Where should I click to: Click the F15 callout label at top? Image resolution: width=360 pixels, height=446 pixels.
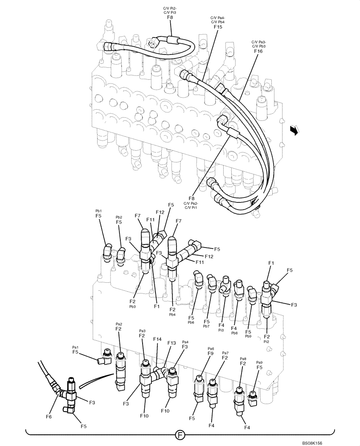(217, 27)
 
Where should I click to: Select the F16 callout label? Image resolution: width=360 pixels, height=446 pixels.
(258, 51)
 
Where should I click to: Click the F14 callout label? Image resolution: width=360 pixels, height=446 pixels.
(157, 339)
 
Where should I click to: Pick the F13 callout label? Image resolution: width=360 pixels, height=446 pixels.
(172, 343)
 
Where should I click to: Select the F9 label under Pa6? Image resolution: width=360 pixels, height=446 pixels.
(211, 354)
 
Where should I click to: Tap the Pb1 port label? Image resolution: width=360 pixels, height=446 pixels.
(98, 211)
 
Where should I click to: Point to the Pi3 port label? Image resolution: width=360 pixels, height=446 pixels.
(221, 330)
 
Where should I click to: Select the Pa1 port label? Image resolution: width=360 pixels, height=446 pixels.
(75, 347)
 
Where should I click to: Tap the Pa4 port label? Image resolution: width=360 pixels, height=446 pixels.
(185, 342)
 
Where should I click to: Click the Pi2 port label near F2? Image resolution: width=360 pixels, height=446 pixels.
(266, 341)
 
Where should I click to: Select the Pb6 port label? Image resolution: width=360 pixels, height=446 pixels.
(191, 322)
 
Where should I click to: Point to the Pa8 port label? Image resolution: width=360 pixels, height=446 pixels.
(243, 358)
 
